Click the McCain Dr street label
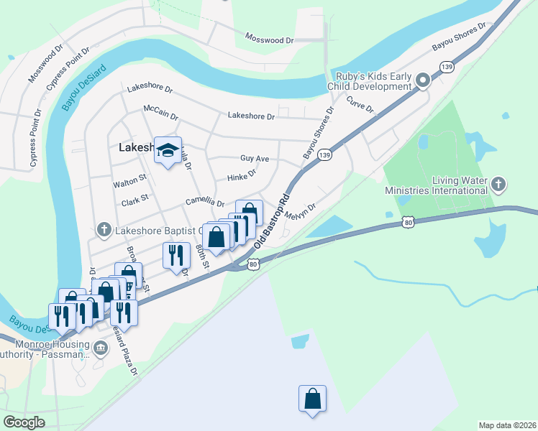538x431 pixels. pos(160,112)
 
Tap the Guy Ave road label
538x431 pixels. pos(254,158)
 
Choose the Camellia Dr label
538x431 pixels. pos(205,203)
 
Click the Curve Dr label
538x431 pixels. pos(360,105)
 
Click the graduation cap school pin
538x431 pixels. pos(168,150)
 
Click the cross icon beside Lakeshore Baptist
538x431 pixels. pos(104,230)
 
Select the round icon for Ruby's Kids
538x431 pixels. pos(423,81)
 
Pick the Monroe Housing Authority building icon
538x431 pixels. pos(101,348)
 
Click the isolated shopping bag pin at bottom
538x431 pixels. pos(312,399)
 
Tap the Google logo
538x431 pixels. pos(24,422)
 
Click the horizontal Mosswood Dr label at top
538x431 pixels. pos(269,38)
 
